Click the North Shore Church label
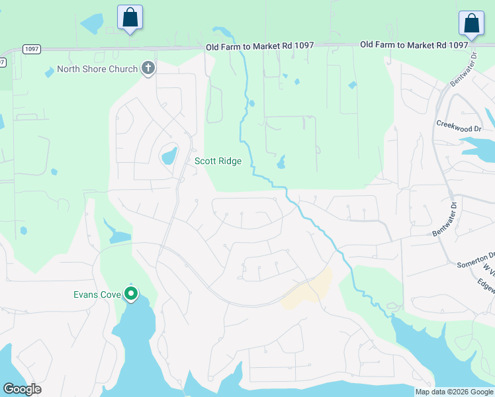tap(97, 69)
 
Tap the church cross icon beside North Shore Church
tap(148, 68)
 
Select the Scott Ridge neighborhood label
tap(218, 161)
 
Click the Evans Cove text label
tap(97, 294)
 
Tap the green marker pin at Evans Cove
tap(132, 293)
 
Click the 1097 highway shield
tap(31, 49)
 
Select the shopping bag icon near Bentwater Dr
tap(471, 23)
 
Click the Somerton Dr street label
tap(476, 259)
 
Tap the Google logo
tap(22, 389)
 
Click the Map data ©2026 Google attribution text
tap(453, 392)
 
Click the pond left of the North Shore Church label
tap(49, 71)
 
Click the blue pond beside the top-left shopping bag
tap(91, 24)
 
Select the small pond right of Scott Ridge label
tap(281, 161)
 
